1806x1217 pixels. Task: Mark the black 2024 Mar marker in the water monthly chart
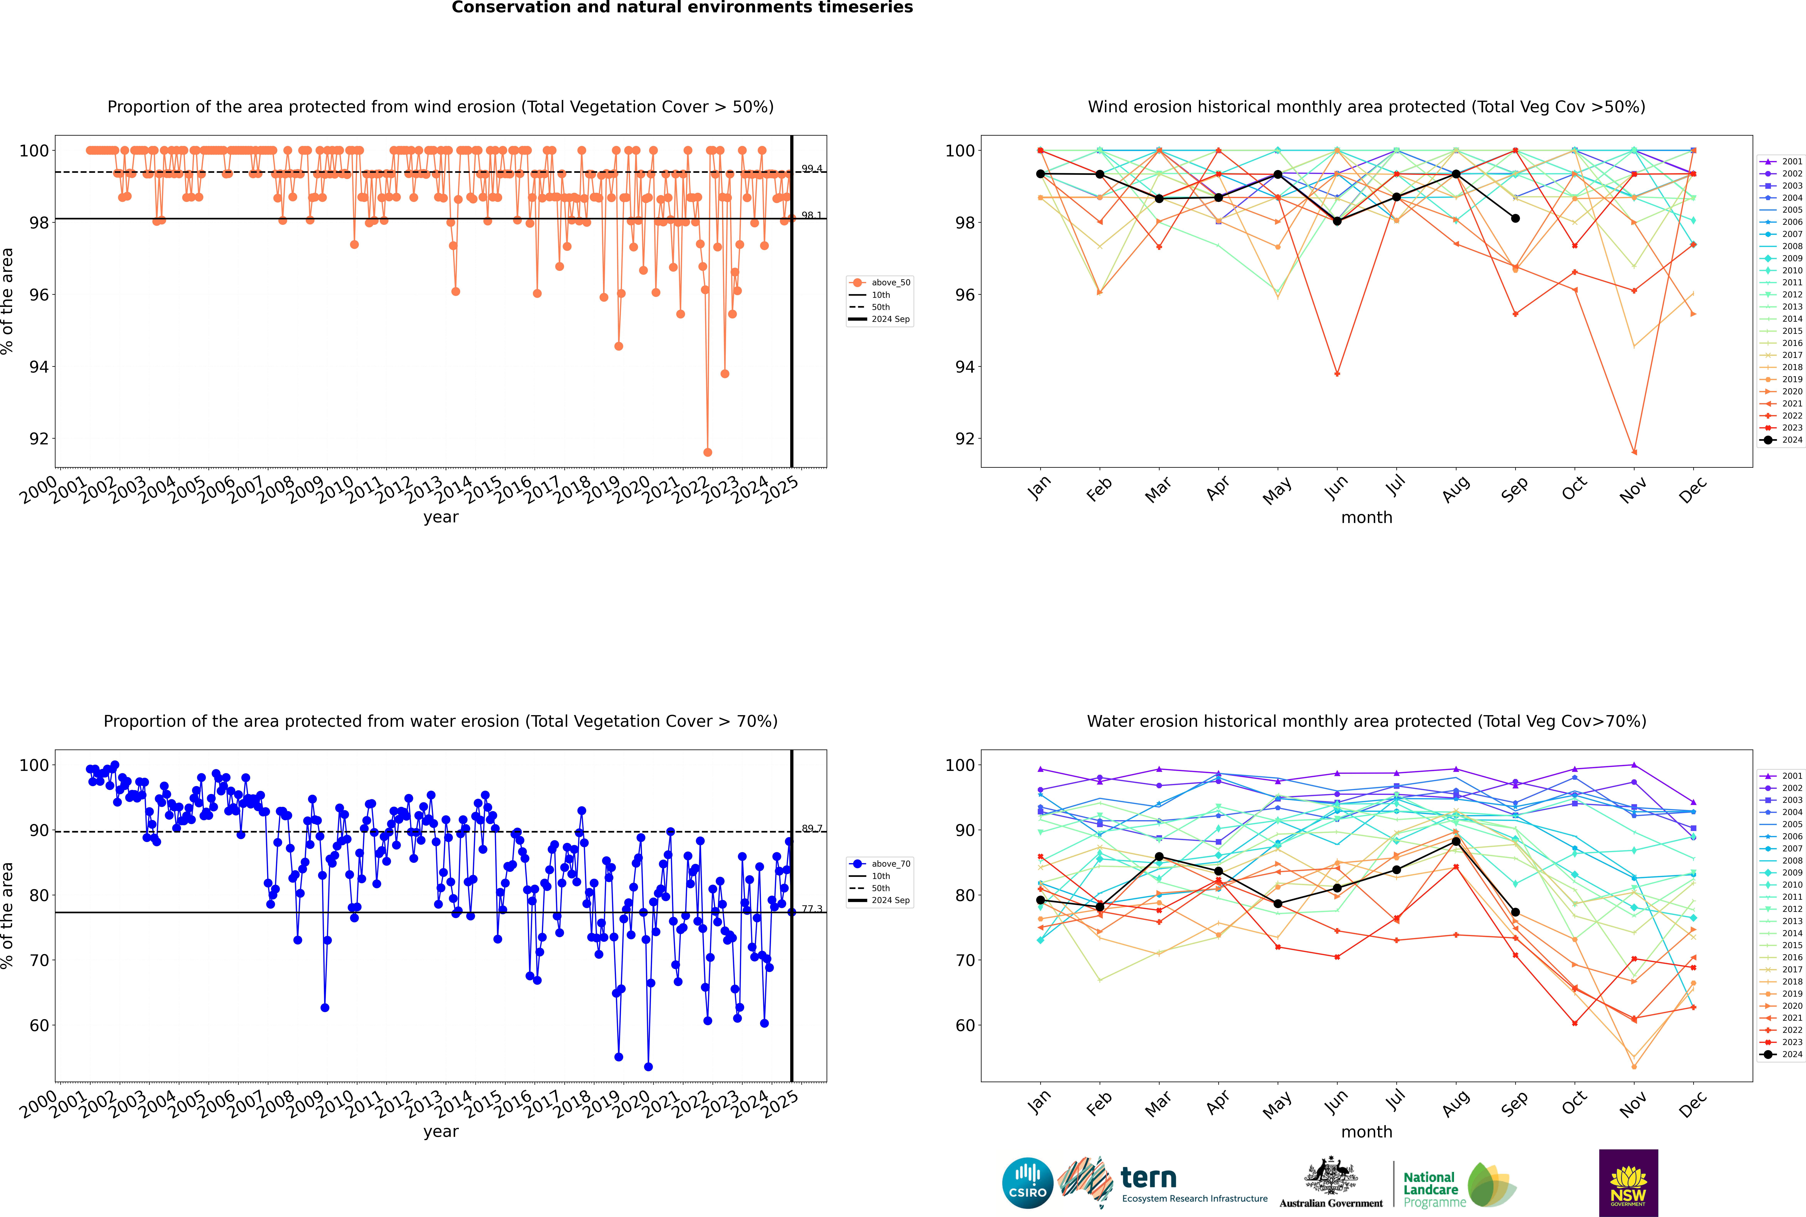point(1159,857)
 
